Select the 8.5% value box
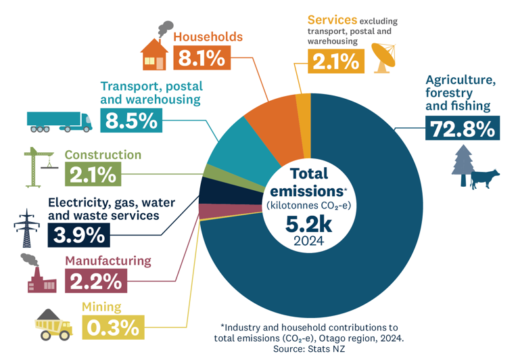pos(131,120)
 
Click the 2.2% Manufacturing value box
pos(96,280)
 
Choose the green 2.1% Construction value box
pos(93,174)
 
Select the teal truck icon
pos(60,121)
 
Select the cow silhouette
pos(484,179)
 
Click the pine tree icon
pos(464,166)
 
